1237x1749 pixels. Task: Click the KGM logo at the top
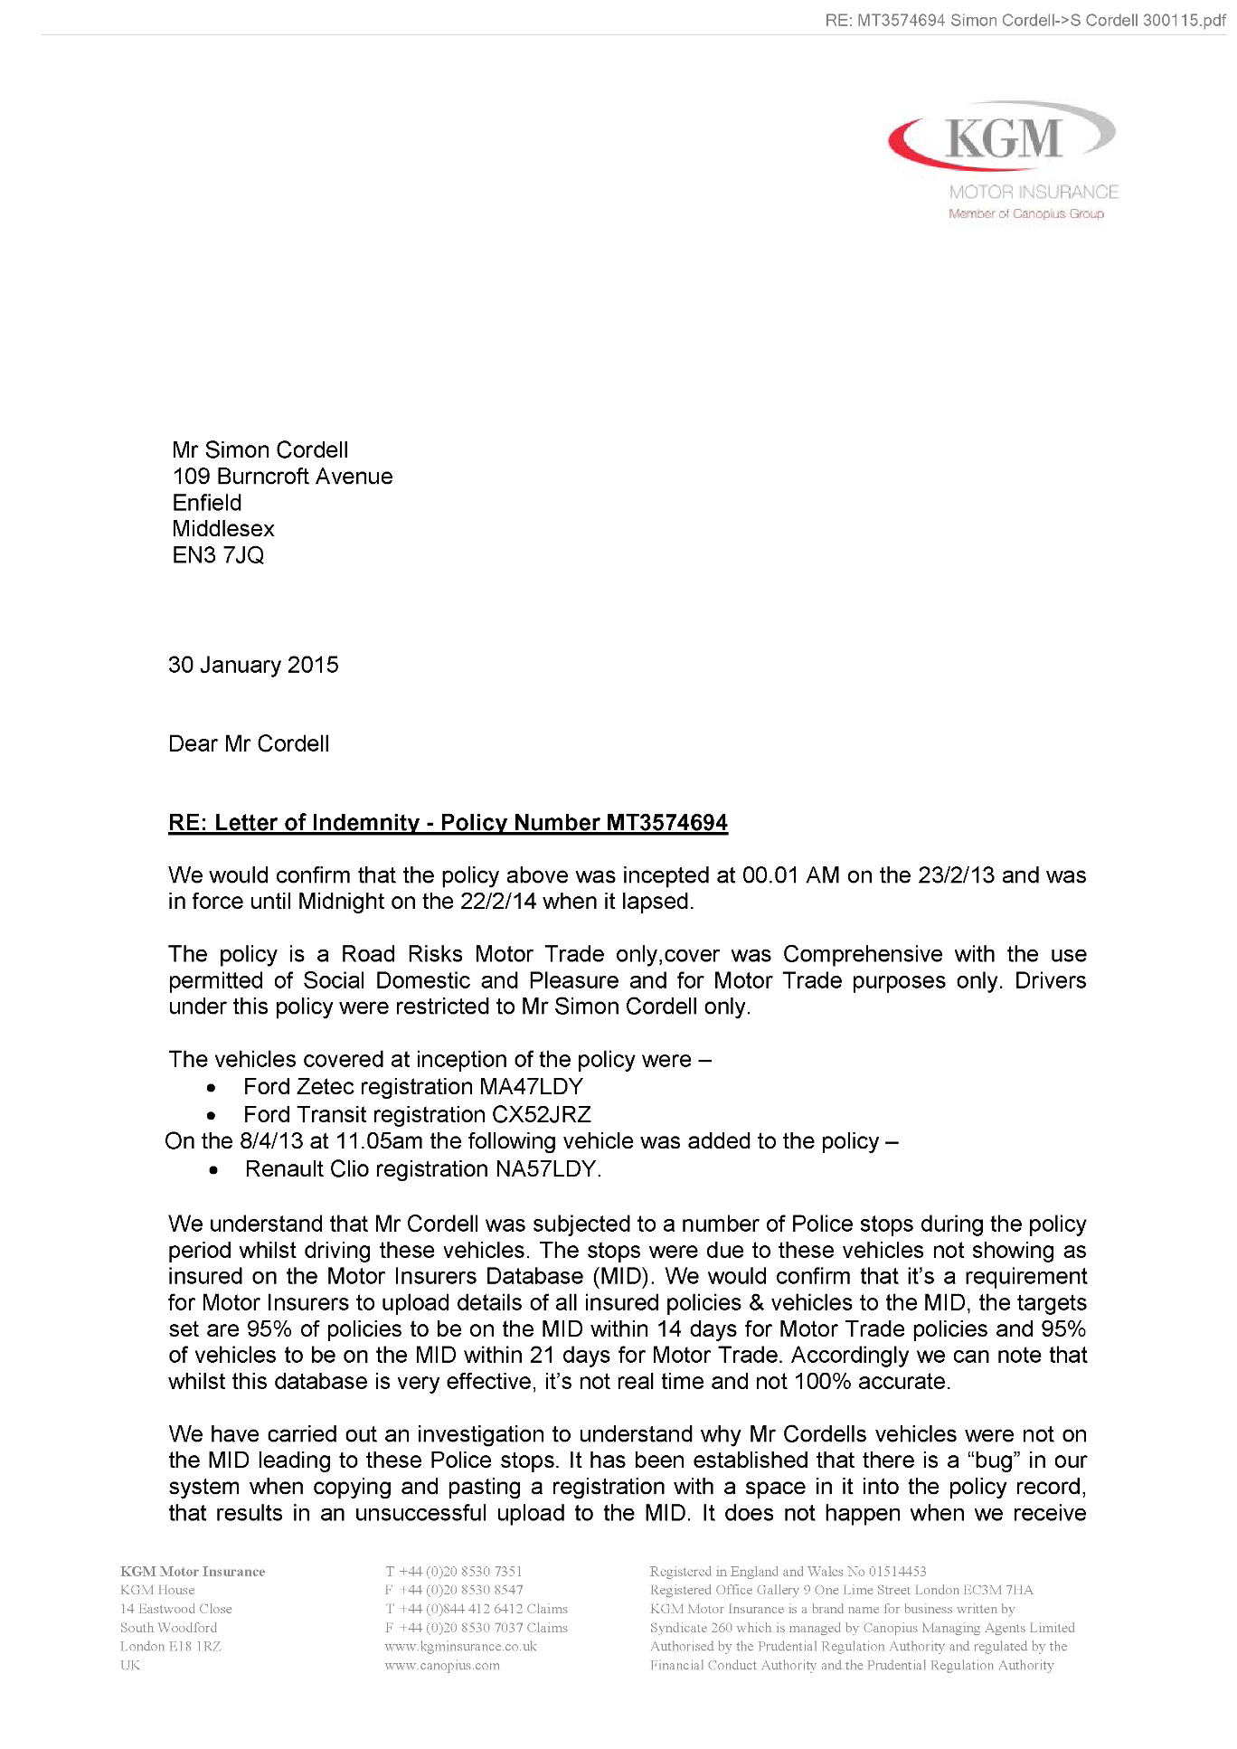click(x=1001, y=138)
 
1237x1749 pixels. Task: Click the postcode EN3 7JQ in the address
click(x=218, y=555)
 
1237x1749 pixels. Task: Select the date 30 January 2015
click(x=253, y=665)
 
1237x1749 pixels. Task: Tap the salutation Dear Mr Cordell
click(x=249, y=743)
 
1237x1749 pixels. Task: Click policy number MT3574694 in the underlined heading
click(x=666, y=823)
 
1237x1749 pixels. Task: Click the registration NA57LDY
click(x=547, y=1168)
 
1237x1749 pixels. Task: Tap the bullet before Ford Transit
click(x=211, y=1116)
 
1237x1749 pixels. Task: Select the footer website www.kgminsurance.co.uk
click(x=460, y=1646)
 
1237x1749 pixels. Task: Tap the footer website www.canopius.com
click(x=441, y=1665)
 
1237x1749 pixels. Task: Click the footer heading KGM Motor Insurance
click(x=193, y=1571)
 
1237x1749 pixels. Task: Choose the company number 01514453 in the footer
click(x=897, y=1571)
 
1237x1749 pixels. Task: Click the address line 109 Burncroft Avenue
click(x=282, y=477)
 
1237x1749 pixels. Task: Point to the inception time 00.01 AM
click(x=790, y=875)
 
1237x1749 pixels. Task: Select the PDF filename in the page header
click(x=1025, y=20)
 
